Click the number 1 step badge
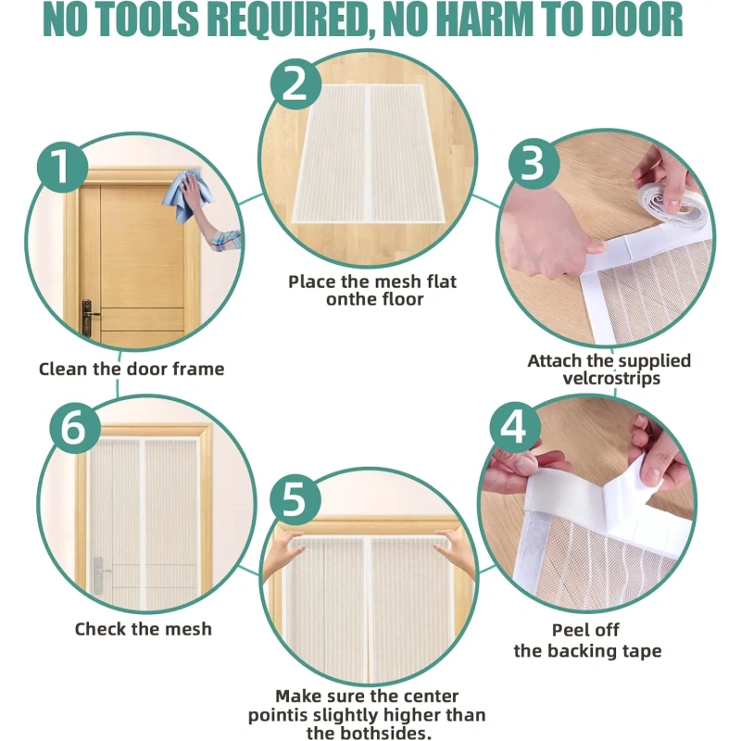[x=63, y=167]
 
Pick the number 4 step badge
[x=515, y=428]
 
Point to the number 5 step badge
[x=295, y=499]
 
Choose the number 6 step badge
[x=75, y=429]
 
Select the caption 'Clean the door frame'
[x=132, y=369]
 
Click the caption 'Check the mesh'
[x=144, y=629]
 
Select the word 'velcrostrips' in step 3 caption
[x=611, y=379]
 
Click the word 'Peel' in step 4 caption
[x=570, y=630]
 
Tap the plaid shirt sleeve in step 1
[x=226, y=241]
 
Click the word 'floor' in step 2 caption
[x=401, y=299]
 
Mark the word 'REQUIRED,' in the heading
[x=290, y=20]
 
